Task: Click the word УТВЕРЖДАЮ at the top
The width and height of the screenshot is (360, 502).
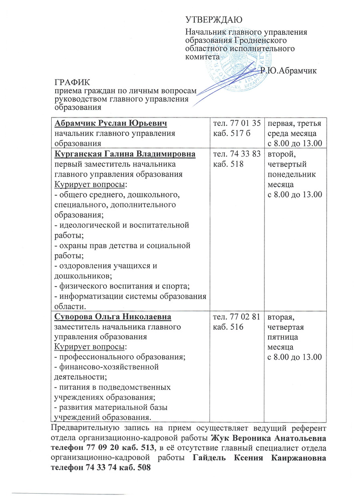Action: (214, 20)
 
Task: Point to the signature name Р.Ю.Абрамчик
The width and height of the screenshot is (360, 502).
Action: (288, 71)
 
